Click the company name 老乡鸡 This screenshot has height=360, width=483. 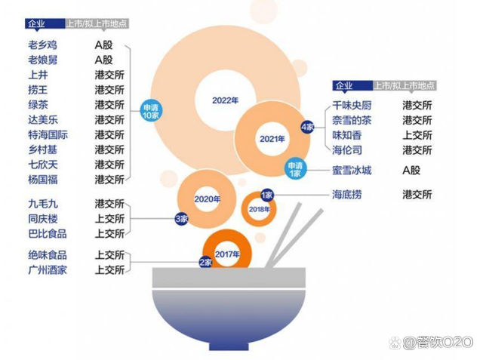pyautogui.click(x=42, y=45)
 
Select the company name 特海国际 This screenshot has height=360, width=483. pyautogui.click(x=48, y=135)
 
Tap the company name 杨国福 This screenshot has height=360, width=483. pyautogui.click(x=43, y=180)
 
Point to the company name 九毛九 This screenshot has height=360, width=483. pyautogui.click(x=43, y=204)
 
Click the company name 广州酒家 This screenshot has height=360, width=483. pyautogui.click(x=48, y=270)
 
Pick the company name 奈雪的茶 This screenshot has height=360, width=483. pyautogui.click(x=352, y=121)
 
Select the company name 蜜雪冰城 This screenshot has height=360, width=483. pyautogui.click(x=352, y=171)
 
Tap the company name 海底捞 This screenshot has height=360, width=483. pyautogui.click(x=347, y=195)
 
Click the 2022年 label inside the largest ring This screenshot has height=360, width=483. pyautogui.click(x=225, y=100)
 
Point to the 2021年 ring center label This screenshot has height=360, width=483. pyautogui.click(x=272, y=139)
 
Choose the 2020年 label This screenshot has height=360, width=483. pyautogui.click(x=207, y=199)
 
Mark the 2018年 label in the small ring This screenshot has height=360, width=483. pyautogui.click(x=259, y=209)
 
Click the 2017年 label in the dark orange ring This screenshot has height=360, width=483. pyautogui.click(x=227, y=254)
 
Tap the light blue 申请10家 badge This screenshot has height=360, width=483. pyautogui.click(x=151, y=111)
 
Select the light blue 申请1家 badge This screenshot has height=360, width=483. pyautogui.click(x=295, y=169)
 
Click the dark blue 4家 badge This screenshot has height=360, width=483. pyautogui.click(x=307, y=127)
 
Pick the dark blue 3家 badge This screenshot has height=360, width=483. pyautogui.click(x=181, y=219)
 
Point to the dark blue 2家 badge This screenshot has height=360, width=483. pyautogui.click(x=205, y=263)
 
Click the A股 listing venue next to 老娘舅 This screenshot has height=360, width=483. pyautogui.click(x=103, y=60)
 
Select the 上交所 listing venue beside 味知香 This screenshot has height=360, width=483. pyautogui.click(x=417, y=135)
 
